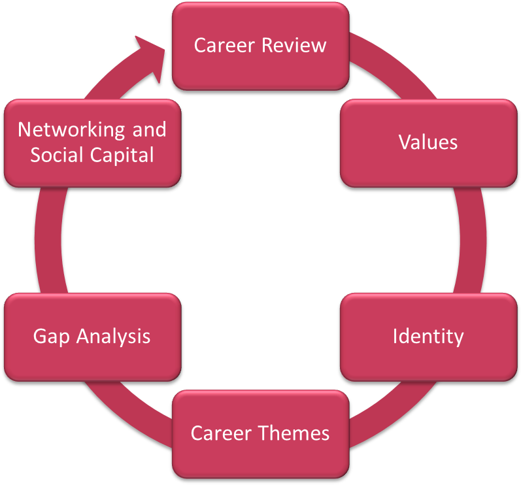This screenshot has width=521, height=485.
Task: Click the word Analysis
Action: tap(113, 337)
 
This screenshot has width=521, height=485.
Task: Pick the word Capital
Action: tap(124, 156)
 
